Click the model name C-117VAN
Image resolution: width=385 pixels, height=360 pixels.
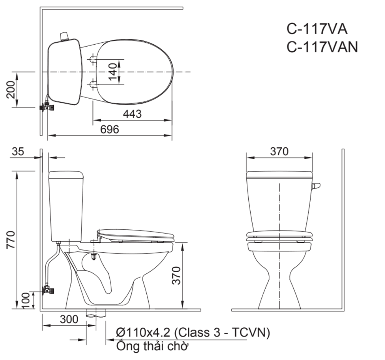click(x=322, y=47)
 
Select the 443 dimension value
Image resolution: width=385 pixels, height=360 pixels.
click(x=132, y=114)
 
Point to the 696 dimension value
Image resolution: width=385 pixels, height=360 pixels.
click(x=110, y=130)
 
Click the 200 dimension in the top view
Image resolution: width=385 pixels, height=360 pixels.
click(x=12, y=89)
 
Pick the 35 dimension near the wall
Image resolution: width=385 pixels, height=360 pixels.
click(x=18, y=151)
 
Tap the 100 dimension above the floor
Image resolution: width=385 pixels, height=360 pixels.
click(x=25, y=301)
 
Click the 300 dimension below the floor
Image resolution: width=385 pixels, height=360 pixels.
click(x=69, y=320)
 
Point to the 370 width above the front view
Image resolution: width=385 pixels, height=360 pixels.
click(x=279, y=151)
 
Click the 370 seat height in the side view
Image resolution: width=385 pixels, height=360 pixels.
click(x=176, y=276)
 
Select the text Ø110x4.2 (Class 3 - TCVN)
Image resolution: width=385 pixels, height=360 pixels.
click(x=192, y=332)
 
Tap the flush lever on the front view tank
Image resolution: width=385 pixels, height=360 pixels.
click(x=316, y=186)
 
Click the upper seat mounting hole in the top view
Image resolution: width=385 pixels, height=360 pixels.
click(x=93, y=59)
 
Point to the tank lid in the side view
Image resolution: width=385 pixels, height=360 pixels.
click(x=65, y=175)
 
